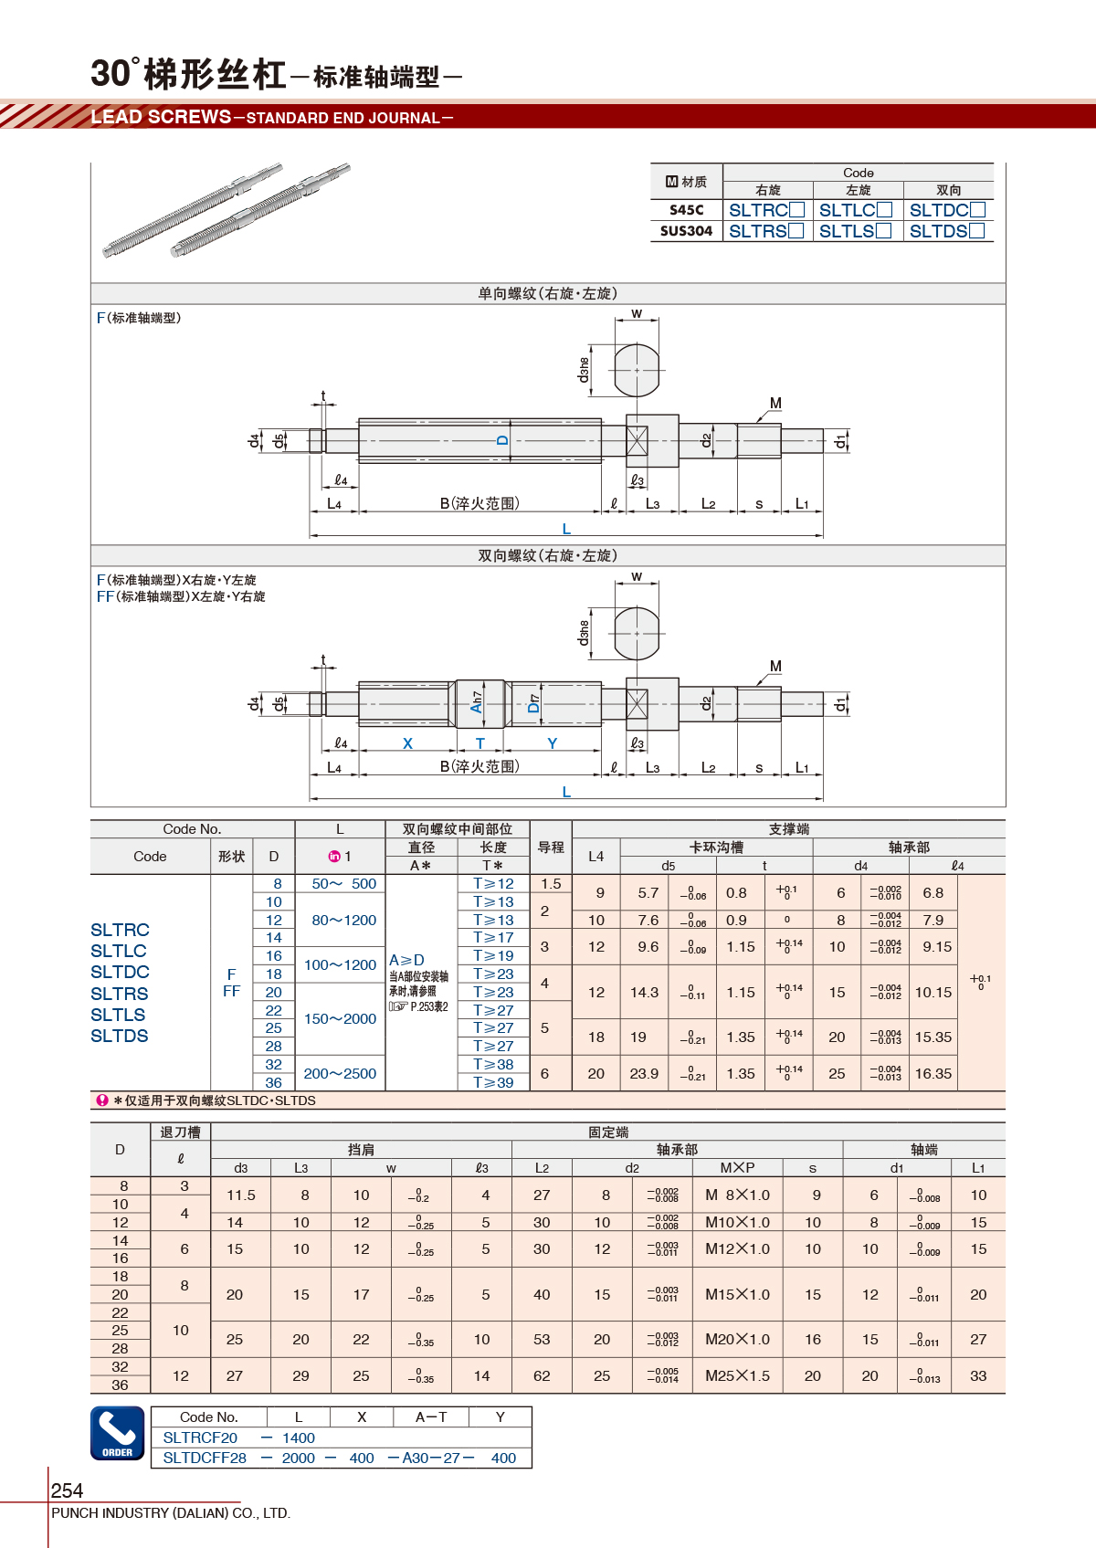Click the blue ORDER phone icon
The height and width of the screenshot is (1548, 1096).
pyautogui.click(x=117, y=1433)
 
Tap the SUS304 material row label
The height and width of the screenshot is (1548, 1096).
pyautogui.click(x=686, y=231)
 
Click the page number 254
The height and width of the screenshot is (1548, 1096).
pyautogui.click(x=67, y=1490)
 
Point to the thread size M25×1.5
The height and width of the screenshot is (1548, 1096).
pyautogui.click(x=737, y=1375)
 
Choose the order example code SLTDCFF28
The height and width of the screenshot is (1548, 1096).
pyautogui.click(x=205, y=1458)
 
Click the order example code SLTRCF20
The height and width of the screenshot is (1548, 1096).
pyautogui.click(x=200, y=1437)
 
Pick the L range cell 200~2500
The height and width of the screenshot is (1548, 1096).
pyautogui.click(x=340, y=1073)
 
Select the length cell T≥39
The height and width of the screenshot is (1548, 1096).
pyautogui.click(x=493, y=1082)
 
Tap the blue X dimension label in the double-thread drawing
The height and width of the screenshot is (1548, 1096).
pyautogui.click(x=407, y=743)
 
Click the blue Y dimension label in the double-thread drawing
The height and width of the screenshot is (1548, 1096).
pyautogui.click(x=552, y=743)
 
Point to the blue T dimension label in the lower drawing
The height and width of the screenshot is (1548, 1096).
pyautogui.click(x=480, y=743)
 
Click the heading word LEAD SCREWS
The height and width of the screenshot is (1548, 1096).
pyautogui.click(x=162, y=117)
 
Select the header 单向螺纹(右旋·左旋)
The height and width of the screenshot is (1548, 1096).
pyautogui.click(x=548, y=293)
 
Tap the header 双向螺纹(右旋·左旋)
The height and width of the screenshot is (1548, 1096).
pyautogui.click(x=548, y=555)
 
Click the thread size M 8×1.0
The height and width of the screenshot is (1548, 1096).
pyautogui.click(x=737, y=1195)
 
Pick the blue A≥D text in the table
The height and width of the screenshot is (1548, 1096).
pyautogui.click(x=406, y=960)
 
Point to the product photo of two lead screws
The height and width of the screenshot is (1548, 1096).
pyautogui.click(x=227, y=210)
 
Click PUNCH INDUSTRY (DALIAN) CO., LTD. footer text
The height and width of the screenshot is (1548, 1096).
pyautogui.click(x=171, y=1513)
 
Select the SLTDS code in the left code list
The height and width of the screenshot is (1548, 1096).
pyautogui.click(x=120, y=1036)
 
